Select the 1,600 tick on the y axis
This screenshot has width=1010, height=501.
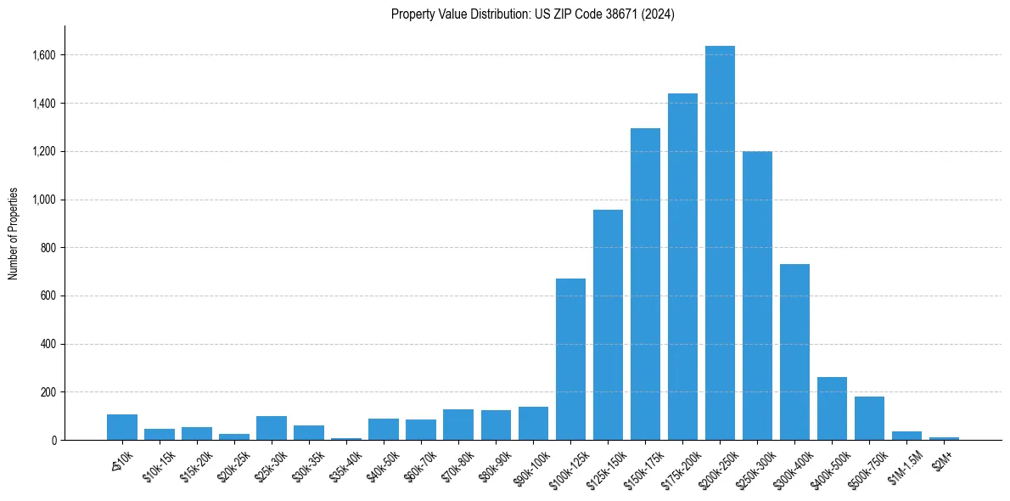click(x=44, y=55)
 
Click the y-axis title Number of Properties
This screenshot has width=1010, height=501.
click(x=13, y=233)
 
